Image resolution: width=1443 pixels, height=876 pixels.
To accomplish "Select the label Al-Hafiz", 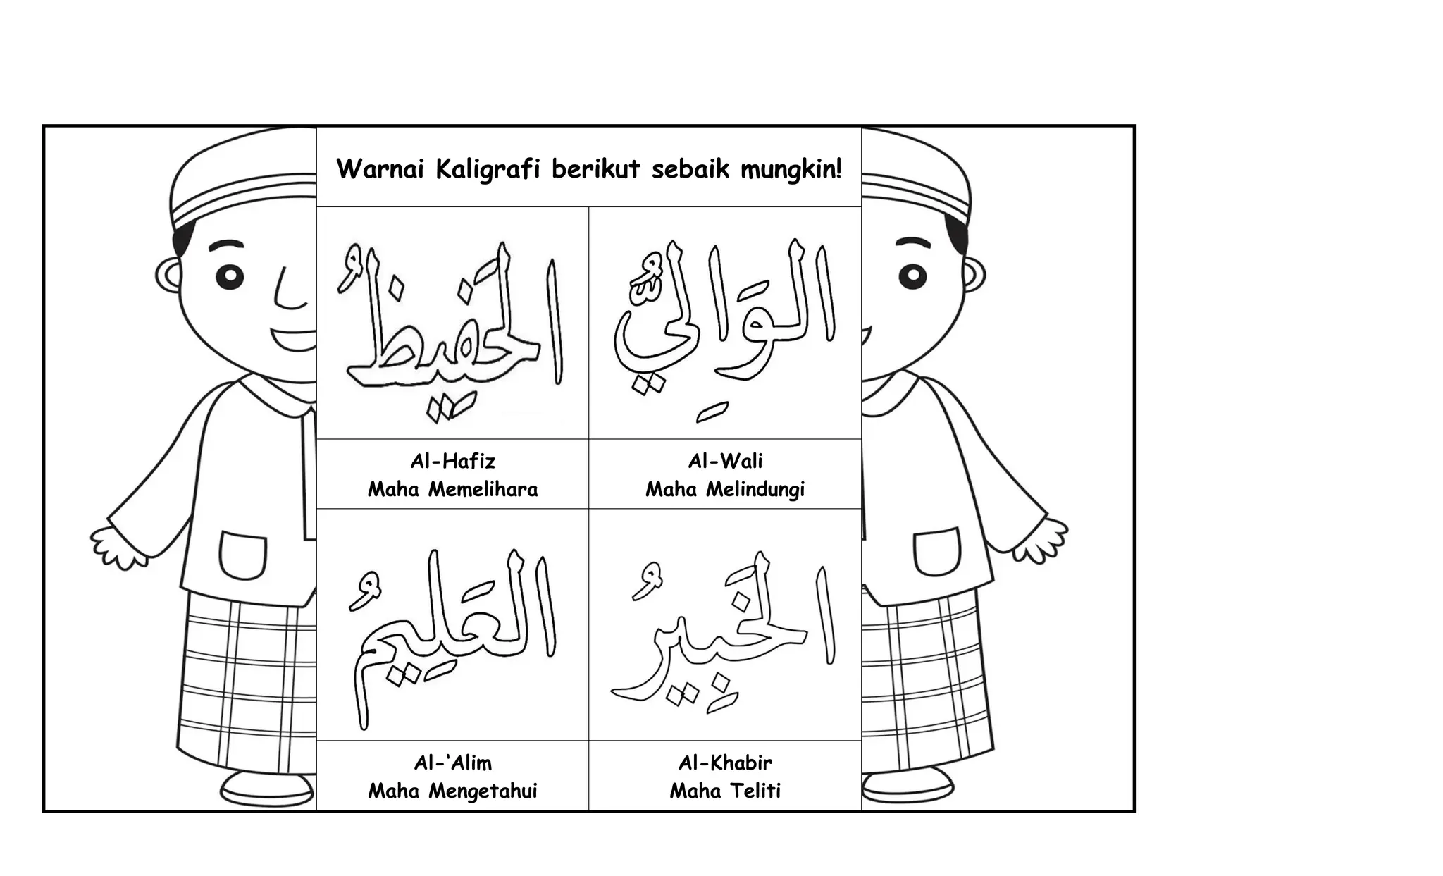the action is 453,462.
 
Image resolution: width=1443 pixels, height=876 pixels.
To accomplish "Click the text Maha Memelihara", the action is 452,489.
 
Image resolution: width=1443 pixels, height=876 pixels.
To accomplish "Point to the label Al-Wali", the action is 725,462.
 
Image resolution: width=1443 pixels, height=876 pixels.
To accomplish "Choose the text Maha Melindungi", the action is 725,490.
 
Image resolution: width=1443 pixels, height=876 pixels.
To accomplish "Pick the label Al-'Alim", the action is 453,763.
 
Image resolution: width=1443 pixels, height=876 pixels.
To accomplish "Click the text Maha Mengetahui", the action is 452,791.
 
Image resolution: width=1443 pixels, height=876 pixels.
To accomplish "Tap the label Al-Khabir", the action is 725,763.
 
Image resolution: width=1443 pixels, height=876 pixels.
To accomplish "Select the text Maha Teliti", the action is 725,791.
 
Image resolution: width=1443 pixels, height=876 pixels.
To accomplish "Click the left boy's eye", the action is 230,276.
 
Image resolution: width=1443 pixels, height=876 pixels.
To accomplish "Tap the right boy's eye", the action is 912,276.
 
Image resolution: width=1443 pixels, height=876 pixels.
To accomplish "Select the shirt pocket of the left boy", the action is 244,555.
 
